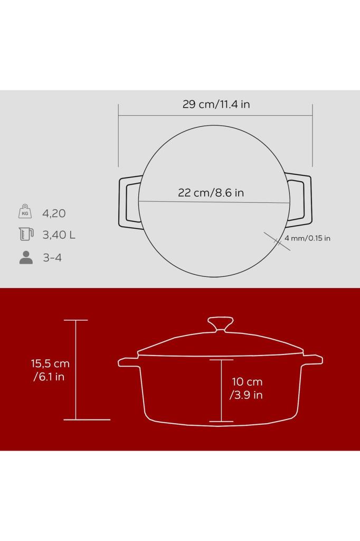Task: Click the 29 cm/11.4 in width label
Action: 216,104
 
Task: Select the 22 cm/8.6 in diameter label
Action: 211,192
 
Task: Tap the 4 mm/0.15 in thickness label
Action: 307,238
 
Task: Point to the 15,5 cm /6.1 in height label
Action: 50,370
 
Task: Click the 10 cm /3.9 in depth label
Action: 247,388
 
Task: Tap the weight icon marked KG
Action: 25,211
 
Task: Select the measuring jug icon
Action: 25,234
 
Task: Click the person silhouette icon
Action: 25,257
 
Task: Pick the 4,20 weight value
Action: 54,213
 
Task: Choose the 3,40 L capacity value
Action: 59,235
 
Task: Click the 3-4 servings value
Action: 52,258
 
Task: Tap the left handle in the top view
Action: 128,202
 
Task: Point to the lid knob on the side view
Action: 220,323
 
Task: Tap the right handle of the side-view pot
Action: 313,360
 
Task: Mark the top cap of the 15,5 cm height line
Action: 75,320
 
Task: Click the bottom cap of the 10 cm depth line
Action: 221,421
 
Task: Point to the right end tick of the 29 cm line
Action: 312,135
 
